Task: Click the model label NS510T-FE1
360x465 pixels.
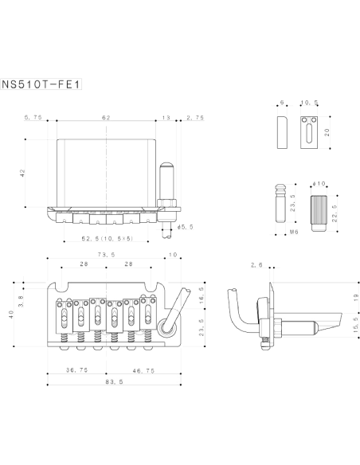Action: click(41, 84)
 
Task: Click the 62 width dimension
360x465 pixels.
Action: click(106, 118)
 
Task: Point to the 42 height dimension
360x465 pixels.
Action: click(22, 174)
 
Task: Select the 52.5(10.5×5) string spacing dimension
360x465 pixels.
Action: click(108, 238)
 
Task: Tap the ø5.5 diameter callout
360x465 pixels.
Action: click(186, 227)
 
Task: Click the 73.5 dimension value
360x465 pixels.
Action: click(107, 255)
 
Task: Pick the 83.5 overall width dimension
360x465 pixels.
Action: click(114, 381)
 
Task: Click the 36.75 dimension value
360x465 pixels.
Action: click(76, 370)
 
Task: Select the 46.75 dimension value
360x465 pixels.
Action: click(143, 371)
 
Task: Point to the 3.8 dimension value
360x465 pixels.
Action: click(21, 301)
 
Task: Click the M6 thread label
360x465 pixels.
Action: click(294, 232)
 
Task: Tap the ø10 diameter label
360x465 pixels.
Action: click(319, 184)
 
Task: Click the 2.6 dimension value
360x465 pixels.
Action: click(256, 265)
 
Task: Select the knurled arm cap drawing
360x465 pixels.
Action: click(319, 213)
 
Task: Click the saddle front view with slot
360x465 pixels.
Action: click(309, 132)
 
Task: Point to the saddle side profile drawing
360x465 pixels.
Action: click(282, 132)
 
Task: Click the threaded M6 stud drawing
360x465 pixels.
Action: click(280, 203)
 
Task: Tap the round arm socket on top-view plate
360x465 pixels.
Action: click(166, 328)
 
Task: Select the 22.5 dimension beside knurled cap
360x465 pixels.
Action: click(335, 213)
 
